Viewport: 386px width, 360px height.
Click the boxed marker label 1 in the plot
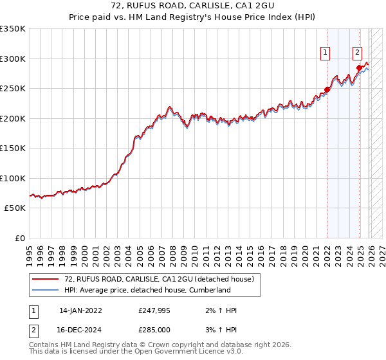(x=326, y=53)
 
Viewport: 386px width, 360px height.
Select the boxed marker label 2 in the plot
(x=358, y=53)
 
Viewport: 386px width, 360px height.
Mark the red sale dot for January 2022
(x=327, y=90)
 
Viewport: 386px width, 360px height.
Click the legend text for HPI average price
(x=147, y=290)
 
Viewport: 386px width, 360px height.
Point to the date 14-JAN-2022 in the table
(x=80, y=310)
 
